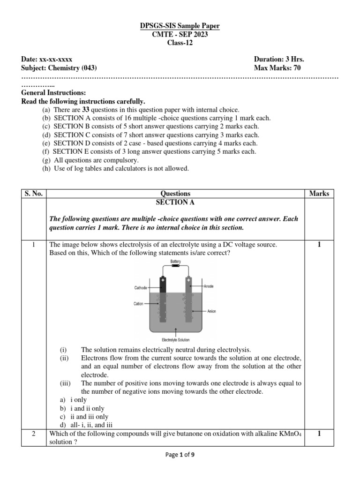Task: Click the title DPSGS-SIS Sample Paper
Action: [180, 26]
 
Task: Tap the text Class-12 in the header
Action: [180, 43]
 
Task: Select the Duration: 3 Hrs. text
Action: [282, 60]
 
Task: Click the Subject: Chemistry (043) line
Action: [59, 68]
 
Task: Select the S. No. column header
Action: [33, 193]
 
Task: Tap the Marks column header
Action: [319, 193]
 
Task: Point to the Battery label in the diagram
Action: [176, 261]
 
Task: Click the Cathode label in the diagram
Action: [141, 288]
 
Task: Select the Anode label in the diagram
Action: [209, 286]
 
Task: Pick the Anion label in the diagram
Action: [211, 311]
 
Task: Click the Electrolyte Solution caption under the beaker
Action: [176, 340]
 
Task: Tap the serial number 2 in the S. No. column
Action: [33, 434]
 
